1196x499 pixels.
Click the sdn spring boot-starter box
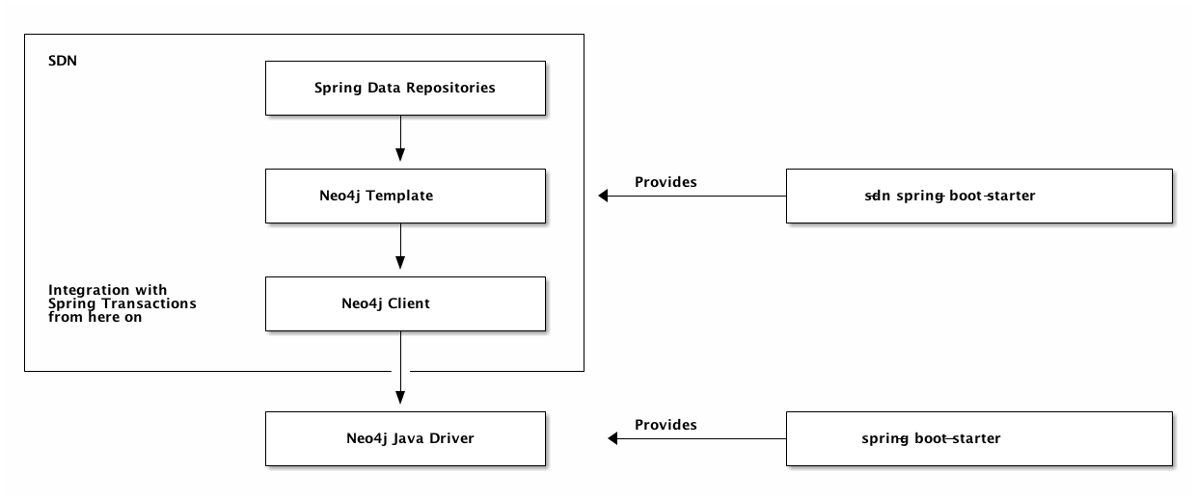(979, 197)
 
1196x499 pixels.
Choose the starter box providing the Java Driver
(979, 438)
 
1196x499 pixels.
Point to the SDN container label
(62, 60)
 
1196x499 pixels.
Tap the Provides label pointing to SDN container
(666, 182)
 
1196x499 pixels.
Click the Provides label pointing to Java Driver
(666, 424)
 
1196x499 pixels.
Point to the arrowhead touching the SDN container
(604, 197)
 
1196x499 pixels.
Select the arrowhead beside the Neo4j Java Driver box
(612, 438)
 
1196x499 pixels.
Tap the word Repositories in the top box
(451, 88)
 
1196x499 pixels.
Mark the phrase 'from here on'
(95, 317)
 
